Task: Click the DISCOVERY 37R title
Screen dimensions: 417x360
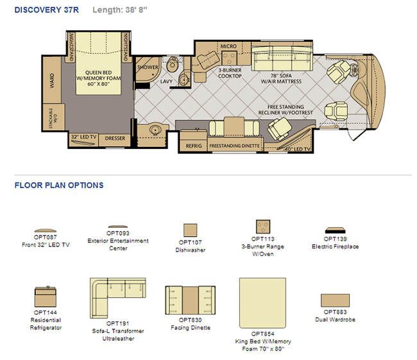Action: pos(47,10)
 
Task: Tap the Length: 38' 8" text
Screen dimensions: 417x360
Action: pos(120,10)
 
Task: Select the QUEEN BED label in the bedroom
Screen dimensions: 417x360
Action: pos(98,73)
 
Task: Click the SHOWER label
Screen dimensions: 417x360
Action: pos(148,67)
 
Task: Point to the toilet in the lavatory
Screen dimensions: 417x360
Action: pos(172,64)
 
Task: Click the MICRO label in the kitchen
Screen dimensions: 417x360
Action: pos(228,46)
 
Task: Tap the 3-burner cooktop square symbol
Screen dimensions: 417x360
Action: pos(229,58)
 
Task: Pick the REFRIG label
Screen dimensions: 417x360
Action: pos(194,146)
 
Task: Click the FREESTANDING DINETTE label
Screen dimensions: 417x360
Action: pos(234,146)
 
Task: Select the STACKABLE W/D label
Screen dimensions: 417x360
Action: pos(53,118)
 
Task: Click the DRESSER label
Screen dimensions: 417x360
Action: pos(115,139)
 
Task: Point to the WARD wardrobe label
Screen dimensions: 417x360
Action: pos(52,81)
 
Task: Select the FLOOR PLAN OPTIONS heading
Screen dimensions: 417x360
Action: pos(59,185)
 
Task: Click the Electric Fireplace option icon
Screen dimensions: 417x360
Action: pos(335,230)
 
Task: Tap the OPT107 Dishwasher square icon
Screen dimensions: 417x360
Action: pos(191,230)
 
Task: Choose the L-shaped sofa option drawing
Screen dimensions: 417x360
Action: pos(118,298)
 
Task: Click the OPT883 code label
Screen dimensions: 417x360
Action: pos(335,312)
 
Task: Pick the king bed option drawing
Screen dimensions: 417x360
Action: pos(263,303)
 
